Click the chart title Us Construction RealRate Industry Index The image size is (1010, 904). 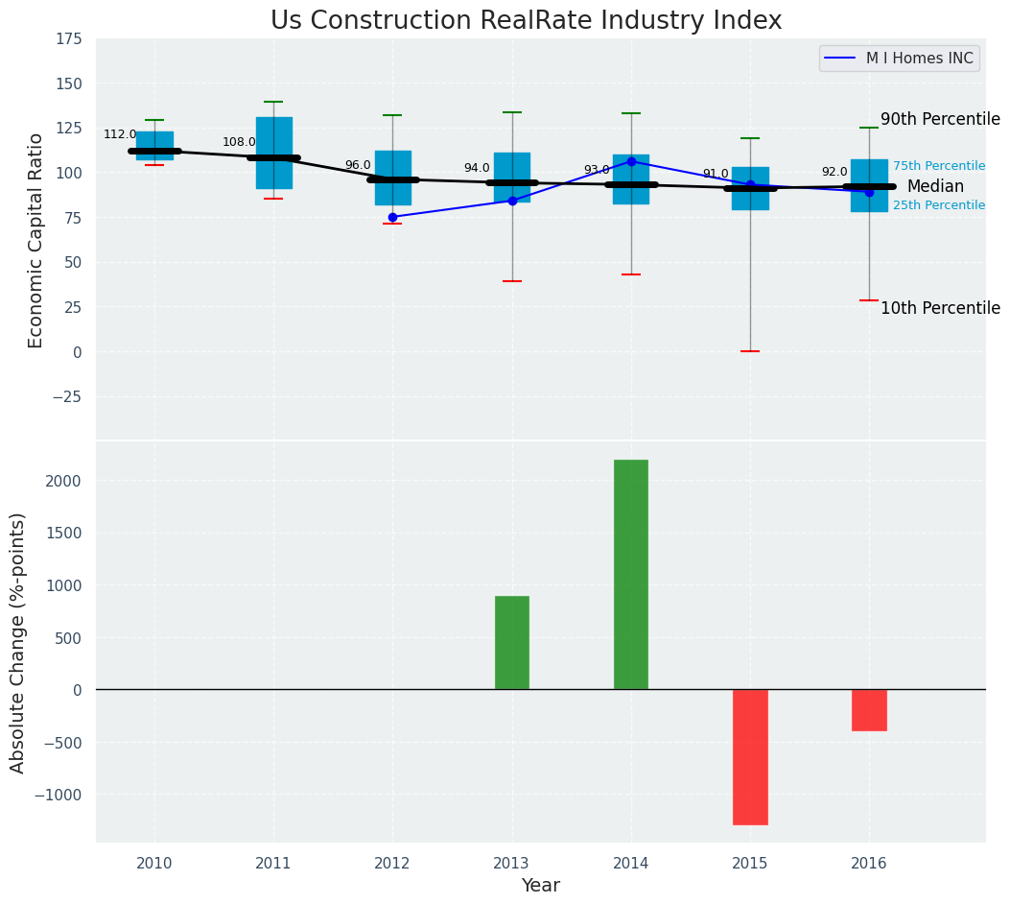[x=526, y=21]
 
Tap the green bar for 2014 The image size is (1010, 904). [x=631, y=574]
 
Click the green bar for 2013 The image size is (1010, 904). [x=512, y=642]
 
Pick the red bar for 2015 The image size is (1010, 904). [x=750, y=756]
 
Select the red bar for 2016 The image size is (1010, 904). [x=869, y=710]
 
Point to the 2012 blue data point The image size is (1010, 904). [x=392, y=217]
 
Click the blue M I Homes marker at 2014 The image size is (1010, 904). [x=631, y=161]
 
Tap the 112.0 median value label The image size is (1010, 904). [x=120, y=135]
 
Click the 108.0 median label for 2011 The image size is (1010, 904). [x=239, y=143]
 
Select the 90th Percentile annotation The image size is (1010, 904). [x=940, y=120]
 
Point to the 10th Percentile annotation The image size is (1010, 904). [x=940, y=308]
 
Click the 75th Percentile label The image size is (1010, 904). [x=938, y=166]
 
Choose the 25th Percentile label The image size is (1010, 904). [x=938, y=205]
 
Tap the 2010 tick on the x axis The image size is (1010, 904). [x=154, y=864]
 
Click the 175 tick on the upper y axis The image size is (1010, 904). [x=68, y=39]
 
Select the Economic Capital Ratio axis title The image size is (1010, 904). [x=36, y=240]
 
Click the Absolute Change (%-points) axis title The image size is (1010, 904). [x=18, y=642]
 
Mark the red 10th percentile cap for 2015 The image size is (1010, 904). [x=750, y=351]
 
